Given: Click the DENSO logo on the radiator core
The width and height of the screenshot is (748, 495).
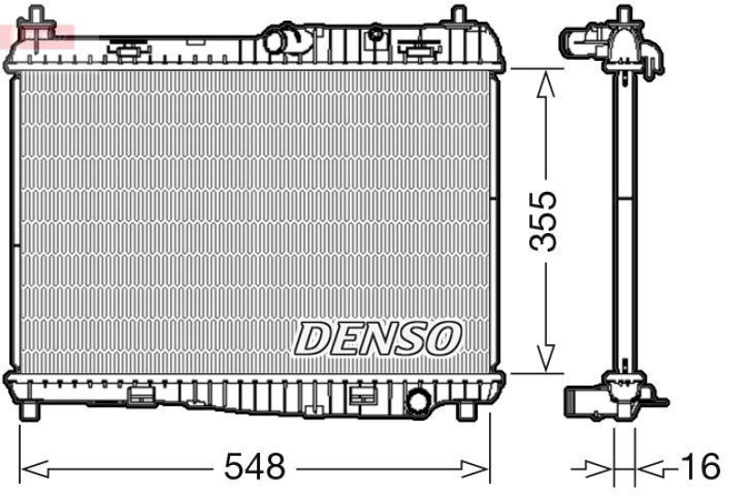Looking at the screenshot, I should coord(378,337).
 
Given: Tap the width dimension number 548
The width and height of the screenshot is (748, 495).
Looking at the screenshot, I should coord(255,465).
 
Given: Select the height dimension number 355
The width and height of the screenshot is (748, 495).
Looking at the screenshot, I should coord(543,221).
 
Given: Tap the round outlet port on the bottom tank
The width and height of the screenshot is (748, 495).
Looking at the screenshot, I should coord(418,400).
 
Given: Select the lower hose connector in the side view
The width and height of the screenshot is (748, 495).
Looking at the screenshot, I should coord(578,400).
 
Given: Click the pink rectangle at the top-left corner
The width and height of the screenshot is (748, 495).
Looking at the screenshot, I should coord(37,37).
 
